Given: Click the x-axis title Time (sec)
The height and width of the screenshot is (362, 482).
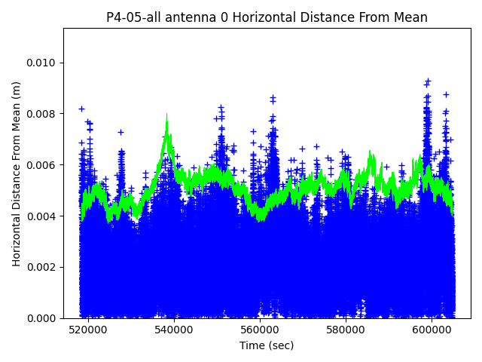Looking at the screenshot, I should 267,345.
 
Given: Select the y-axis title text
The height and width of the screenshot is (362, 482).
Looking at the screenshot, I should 17,173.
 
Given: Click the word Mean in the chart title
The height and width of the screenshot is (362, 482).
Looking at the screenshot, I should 410,17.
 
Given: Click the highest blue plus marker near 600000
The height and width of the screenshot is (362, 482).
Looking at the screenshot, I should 428,81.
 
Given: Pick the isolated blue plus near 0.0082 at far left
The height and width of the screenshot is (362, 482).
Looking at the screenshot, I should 81,109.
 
